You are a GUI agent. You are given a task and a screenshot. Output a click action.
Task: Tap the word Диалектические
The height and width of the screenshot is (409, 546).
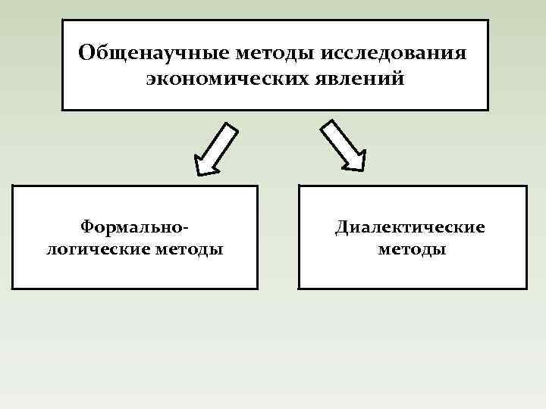412,226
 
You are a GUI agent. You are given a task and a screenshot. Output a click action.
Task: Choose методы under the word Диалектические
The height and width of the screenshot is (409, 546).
412,248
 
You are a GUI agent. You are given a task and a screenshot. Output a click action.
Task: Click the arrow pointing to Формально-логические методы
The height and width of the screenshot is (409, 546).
216,149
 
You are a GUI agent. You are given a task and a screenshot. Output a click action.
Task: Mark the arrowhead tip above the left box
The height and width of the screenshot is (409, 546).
198,173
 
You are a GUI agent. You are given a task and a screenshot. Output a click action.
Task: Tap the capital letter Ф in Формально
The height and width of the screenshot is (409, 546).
89,226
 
